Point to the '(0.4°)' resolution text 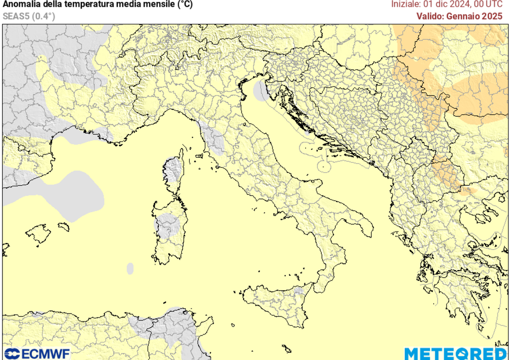click(43, 16)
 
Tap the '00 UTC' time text click(489, 4)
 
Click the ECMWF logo click(36, 354)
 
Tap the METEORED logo click(457, 354)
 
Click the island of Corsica click(174, 172)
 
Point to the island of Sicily click(279, 302)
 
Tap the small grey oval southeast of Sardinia click(130, 269)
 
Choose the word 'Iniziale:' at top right click(406, 4)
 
